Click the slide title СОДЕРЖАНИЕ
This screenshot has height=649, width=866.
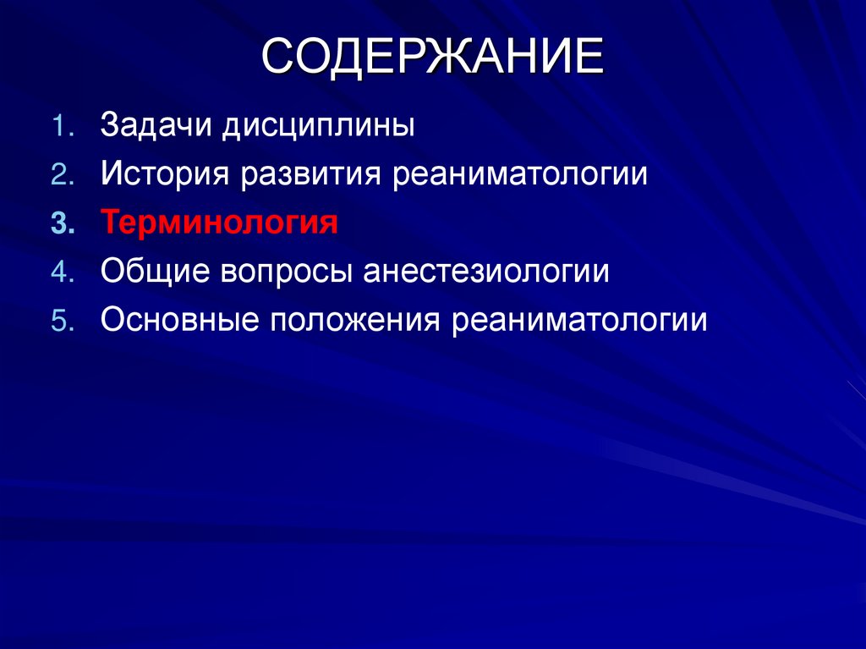(432, 60)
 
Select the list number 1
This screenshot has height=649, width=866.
(63, 127)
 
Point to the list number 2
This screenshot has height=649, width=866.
(63, 175)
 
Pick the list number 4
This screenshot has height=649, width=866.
(63, 272)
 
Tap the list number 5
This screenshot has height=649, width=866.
(63, 322)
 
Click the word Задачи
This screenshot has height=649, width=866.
(157, 127)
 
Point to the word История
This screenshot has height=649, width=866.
(166, 175)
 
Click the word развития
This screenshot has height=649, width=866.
(310, 175)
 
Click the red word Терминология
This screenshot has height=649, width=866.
(220, 224)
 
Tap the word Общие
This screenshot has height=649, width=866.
(153, 273)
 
